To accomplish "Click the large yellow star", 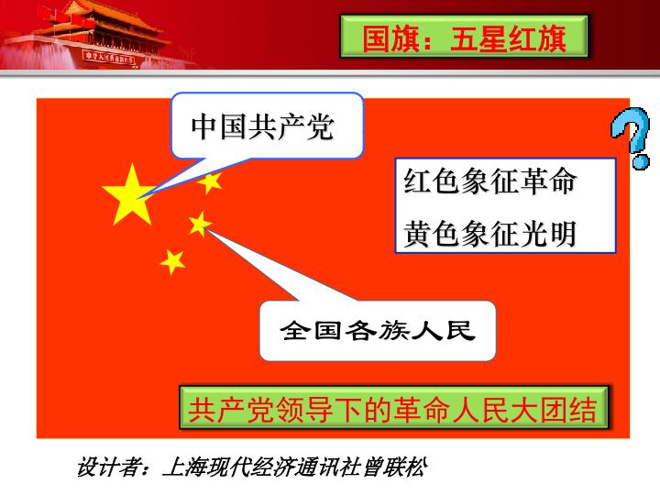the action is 129,196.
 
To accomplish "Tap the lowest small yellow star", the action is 172,262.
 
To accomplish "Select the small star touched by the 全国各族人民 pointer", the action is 200,224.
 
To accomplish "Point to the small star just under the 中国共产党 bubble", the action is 210,182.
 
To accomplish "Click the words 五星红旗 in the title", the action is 509,38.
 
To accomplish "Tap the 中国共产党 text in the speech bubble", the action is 263,126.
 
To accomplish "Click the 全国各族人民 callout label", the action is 378,330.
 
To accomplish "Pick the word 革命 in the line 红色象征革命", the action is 548,181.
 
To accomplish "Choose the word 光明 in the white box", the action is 548,234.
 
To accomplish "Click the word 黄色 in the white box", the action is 433,234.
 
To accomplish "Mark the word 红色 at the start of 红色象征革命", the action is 433,181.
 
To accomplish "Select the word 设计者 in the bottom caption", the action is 108,467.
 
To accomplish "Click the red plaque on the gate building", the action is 109,58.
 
